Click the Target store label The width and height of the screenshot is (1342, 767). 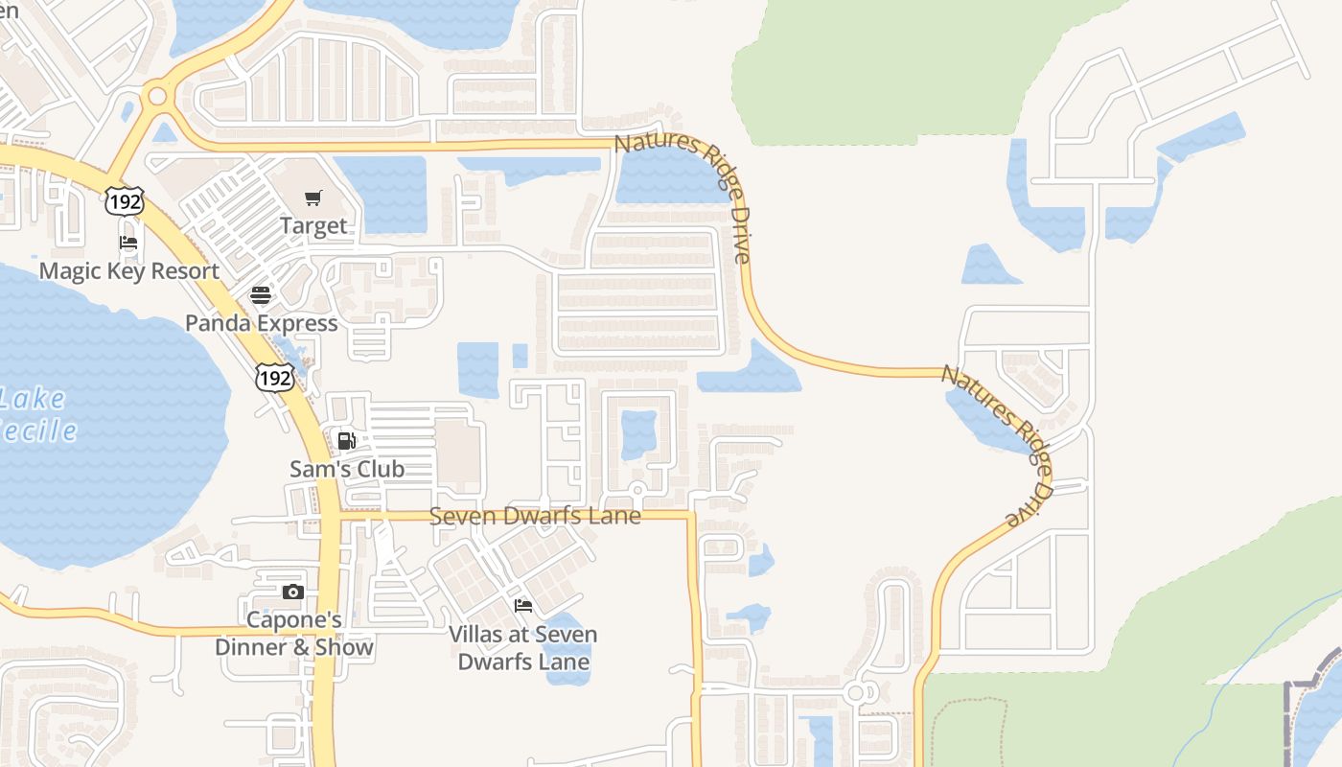coord(313,226)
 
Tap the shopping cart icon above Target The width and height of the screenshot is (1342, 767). coord(313,198)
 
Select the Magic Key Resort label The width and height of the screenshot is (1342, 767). coord(129,271)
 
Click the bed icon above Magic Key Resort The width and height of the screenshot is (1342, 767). coord(128,243)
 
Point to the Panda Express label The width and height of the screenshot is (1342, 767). coord(262,323)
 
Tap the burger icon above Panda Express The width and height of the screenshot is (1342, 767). coord(261,295)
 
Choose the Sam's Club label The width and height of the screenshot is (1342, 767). coord(347,469)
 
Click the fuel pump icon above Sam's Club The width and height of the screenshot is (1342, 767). coord(347,441)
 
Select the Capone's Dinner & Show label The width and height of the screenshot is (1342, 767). coord(294,634)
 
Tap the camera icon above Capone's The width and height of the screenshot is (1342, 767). coord(293,593)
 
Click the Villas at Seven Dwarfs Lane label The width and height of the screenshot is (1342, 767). coord(523,647)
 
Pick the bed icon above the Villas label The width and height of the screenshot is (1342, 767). coord(523,606)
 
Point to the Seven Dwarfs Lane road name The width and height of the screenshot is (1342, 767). coord(535,516)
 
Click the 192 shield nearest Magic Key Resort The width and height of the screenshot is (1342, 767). coord(126,200)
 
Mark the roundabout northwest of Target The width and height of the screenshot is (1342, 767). coord(156,97)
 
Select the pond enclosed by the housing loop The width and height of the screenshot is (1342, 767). coord(638,434)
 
